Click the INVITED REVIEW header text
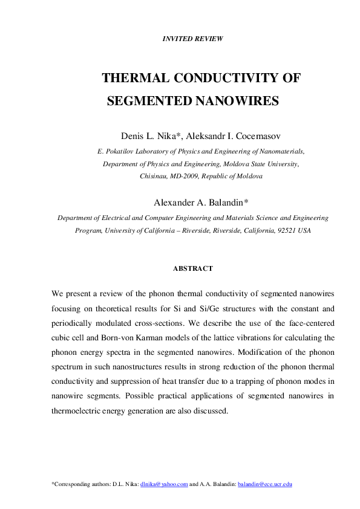click(x=193, y=39)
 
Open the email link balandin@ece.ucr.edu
click(x=265, y=484)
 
